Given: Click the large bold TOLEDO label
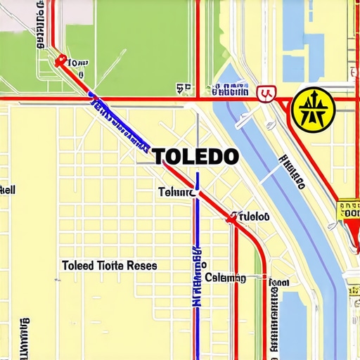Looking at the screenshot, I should click(195, 156).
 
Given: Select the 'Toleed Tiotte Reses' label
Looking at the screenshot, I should click(109, 266).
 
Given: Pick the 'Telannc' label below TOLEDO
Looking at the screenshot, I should click(175, 191).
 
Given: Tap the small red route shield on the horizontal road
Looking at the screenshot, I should click(265, 92).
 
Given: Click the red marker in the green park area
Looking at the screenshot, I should click(61, 61).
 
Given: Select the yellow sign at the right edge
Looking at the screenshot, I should click(349, 210).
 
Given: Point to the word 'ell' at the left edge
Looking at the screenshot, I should click(7, 190).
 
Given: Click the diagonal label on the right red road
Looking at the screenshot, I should click(291, 172).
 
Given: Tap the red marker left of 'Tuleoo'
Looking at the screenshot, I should click(230, 219).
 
